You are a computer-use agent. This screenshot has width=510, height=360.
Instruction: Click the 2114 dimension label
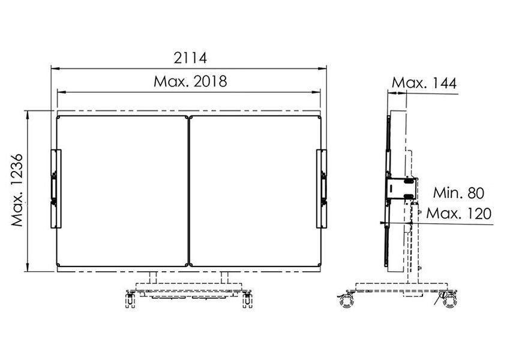pos(190,58)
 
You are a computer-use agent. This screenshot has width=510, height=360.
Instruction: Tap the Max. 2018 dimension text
pos(190,82)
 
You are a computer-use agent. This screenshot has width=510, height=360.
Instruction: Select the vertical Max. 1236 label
pos(17,190)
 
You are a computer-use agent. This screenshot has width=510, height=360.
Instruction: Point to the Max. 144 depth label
pos(424,83)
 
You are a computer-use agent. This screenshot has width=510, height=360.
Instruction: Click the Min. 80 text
pos(458,193)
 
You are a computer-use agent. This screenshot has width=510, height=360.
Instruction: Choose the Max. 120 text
pos(458,214)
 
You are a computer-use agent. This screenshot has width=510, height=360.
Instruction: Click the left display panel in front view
pos(122,191)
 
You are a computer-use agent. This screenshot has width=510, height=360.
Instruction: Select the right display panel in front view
pos(256,191)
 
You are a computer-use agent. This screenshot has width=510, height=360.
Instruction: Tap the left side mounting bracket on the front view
pos(56,188)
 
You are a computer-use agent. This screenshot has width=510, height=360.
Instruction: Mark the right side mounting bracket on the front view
pos(322,188)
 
